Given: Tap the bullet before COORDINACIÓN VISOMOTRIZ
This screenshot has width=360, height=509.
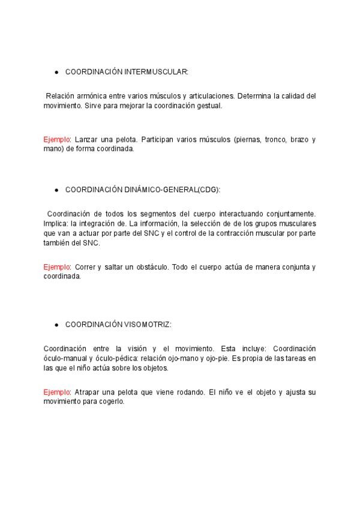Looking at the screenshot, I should [56, 325].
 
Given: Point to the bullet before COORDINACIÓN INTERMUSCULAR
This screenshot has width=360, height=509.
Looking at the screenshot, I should [56, 72].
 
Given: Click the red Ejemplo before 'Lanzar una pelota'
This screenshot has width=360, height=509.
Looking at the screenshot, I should [57, 139].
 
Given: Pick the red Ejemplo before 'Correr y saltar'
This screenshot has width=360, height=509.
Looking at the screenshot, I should [57, 267].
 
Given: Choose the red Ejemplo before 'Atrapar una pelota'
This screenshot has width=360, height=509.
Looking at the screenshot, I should [57, 392].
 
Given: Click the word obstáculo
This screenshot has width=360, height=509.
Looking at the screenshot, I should [149, 267].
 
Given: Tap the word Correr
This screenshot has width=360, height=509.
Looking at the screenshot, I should [86, 267].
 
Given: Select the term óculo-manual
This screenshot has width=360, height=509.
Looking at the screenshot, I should [64, 358].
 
